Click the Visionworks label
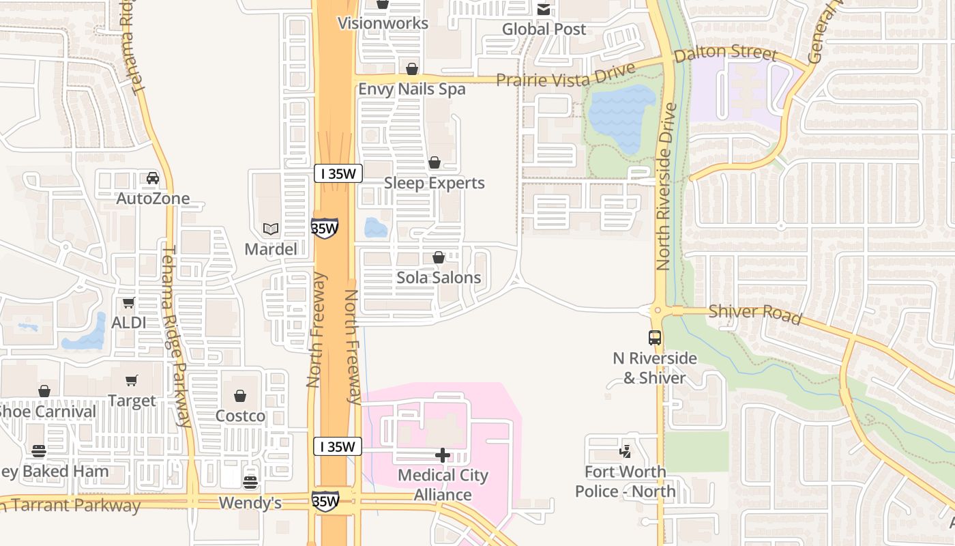[x=383, y=23]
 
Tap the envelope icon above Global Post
[x=544, y=10]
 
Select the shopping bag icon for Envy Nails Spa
[x=411, y=69]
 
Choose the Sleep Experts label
[x=435, y=183]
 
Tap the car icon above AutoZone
[x=153, y=178]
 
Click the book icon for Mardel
[x=271, y=229]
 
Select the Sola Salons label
[x=439, y=278]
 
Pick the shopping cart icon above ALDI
[x=128, y=302]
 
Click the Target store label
[x=132, y=401]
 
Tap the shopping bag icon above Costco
[x=240, y=396]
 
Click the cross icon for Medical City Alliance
[x=443, y=455]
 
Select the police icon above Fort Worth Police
[x=625, y=450]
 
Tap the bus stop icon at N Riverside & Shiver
[x=654, y=337]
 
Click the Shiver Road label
[x=754, y=314]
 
